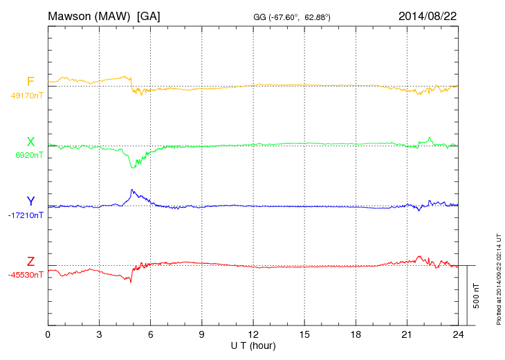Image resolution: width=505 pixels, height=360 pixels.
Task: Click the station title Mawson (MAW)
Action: click(x=90, y=15)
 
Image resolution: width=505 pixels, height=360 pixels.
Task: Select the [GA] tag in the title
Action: click(x=149, y=15)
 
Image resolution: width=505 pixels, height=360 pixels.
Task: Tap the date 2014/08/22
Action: click(x=427, y=15)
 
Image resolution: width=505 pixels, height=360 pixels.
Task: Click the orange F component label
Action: click(x=30, y=82)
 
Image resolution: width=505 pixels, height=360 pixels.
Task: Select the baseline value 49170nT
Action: click(x=26, y=96)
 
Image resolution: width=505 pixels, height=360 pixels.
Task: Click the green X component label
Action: click(x=30, y=142)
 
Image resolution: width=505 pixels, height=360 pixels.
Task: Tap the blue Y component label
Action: click(x=30, y=201)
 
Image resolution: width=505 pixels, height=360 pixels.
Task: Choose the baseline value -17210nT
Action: click(x=26, y=215)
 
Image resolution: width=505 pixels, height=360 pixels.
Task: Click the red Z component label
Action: click(x=30, y=261)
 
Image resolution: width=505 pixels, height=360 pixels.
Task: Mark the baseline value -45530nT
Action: click(x=26, y=275)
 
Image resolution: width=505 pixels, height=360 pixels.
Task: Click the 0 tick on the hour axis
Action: click(x=48, y=334)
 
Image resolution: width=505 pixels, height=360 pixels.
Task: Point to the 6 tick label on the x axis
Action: click(x=150, y=334)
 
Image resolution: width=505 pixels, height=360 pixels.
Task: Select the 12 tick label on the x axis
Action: click(x=252, y=334)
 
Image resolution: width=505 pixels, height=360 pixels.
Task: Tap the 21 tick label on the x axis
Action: click(x=406, y=334)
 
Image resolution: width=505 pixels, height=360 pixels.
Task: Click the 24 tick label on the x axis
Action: click(x=457, y=334)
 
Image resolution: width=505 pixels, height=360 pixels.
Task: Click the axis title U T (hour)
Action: click(x=252, y=345)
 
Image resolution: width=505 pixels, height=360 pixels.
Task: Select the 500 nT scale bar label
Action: click(x=477, y=296)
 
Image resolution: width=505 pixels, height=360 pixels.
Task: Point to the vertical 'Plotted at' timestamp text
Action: click(x=498, y=277)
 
